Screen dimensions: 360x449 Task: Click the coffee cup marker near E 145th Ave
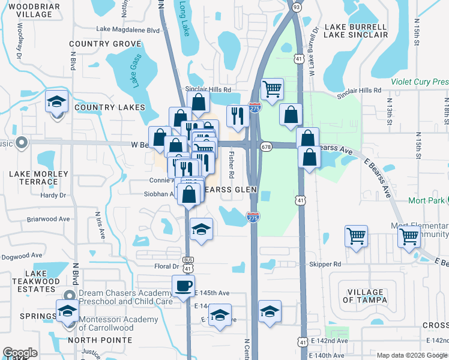[x=183, y=286]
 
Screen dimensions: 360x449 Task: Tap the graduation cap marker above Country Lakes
[x=57, y=102]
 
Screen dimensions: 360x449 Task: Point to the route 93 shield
[x=297, y=7]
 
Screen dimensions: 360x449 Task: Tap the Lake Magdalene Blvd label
[x=128, y=29]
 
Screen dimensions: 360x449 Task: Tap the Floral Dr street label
[x=167, y=266]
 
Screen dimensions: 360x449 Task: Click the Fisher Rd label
[x=231, y=164]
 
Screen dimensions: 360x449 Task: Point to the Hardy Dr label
[x=53, y=195]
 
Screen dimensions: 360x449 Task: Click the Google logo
[x=20, y=353]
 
